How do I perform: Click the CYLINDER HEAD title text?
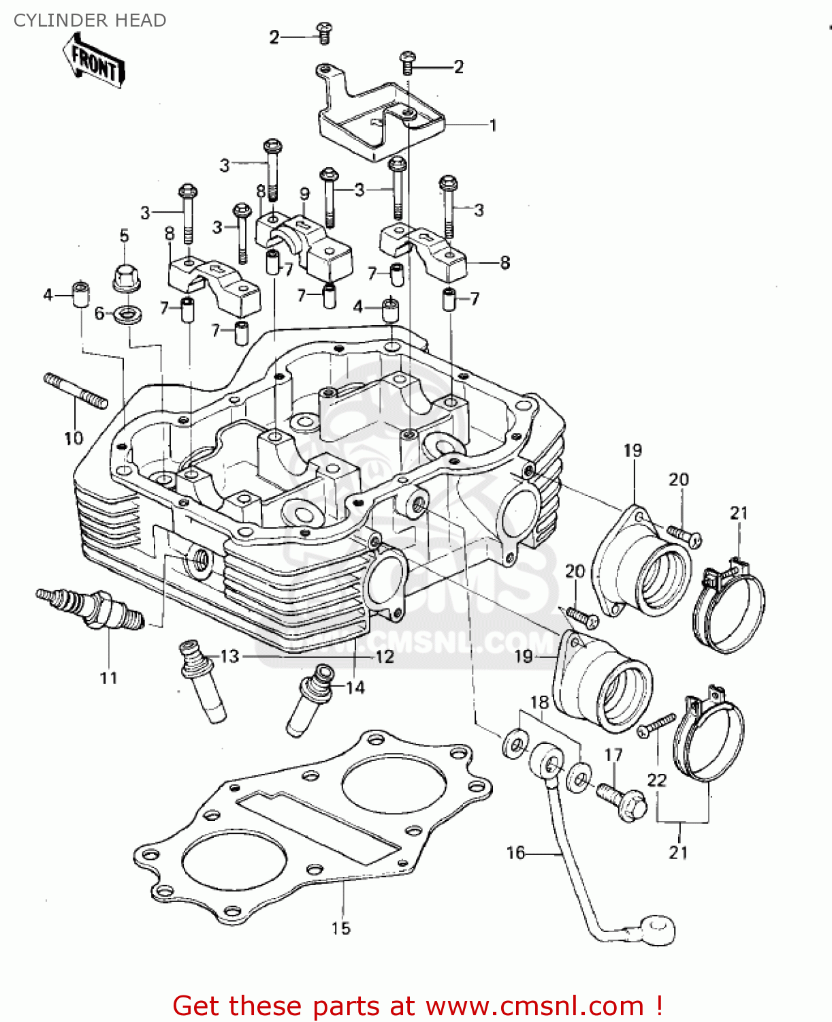(90, 20)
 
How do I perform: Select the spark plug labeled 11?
(91, 608)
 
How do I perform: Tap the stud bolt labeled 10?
(76, 391)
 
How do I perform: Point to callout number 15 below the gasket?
(341, 928)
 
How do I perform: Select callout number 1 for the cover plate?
(493, 125)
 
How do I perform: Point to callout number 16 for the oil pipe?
(515, 852)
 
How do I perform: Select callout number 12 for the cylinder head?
(385, 656)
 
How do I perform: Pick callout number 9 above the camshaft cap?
(304, 193)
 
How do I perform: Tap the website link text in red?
(417, 1006)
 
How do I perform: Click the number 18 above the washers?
(539, 702)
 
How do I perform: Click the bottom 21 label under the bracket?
(678, 852)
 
